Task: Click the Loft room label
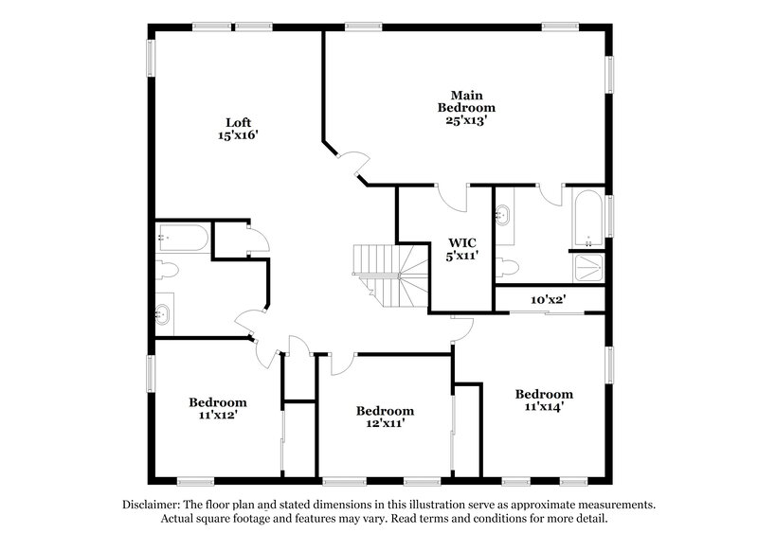238,122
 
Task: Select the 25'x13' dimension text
466,121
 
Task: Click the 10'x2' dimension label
549,300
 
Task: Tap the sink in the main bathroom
504,214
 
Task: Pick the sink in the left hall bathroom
164,312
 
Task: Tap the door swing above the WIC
452,197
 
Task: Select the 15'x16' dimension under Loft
238,135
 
